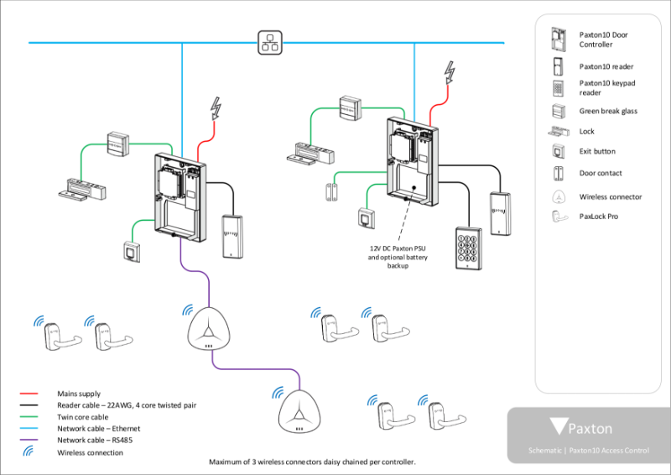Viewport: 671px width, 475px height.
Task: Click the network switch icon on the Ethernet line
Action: (x=268, y=42)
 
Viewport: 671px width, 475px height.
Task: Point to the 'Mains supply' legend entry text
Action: (x=79, y=394)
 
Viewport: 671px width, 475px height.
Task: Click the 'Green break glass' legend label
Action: (x=608, y=111)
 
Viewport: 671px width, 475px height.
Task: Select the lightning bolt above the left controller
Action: (x=217, y=109)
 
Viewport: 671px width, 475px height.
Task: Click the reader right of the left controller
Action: (x=231, y=235)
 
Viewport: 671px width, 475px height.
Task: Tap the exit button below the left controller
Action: (x=132, y=251)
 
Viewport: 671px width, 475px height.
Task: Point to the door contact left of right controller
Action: (x=325, y=190)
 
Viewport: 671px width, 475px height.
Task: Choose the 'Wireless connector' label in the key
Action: (x=610, y=197)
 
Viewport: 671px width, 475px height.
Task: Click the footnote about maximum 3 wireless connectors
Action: (x=311, y=462)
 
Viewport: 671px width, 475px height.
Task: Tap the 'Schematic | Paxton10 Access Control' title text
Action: (x=588, y=451)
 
